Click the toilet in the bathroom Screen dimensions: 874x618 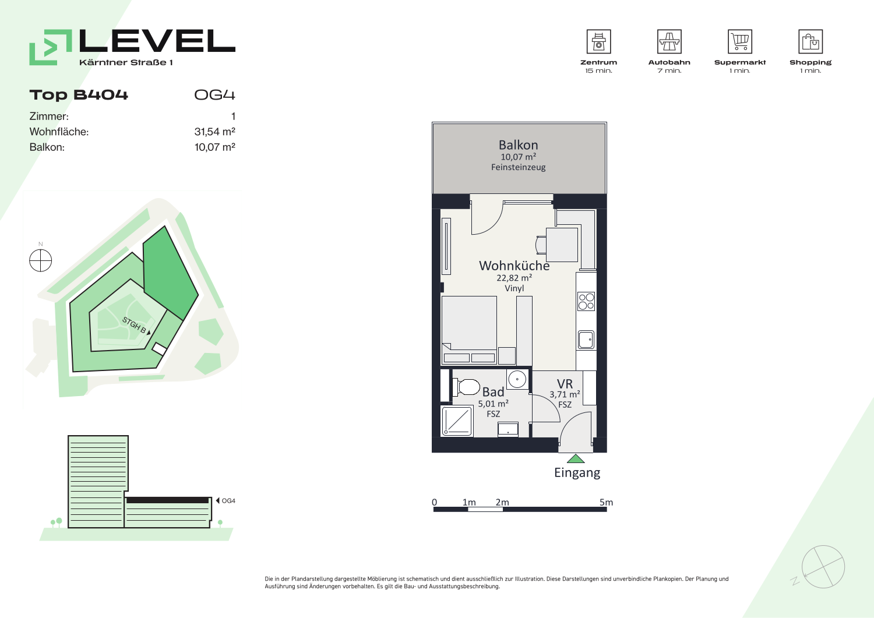click(x=466, y=387)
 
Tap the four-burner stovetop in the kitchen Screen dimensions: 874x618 click(x=586, y=302)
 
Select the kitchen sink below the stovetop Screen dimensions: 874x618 click(x=586, y=340)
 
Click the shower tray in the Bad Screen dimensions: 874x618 click(x=457, y=421)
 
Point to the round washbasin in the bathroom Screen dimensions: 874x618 click(x=517, y=379)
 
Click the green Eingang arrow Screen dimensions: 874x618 click(x=576, y=459)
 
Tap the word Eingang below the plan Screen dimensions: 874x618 click(x=577, y=473)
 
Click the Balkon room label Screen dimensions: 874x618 click(x=518, y=145)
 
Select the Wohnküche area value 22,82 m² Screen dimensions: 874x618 click(x=514, y=278)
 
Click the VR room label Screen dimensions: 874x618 click(x=565, y=384)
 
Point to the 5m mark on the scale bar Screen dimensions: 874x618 click(x=606, y=502)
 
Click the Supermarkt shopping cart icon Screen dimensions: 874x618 click(x=740, y=41)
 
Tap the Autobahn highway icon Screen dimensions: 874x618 click(x=669, y=41)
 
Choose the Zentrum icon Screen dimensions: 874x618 click(x=598, y=41)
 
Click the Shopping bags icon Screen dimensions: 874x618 click(x=810, y=41)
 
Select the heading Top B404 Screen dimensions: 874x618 click(x=79, y=95)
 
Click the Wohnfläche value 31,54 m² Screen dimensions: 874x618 click(x=214, y=132)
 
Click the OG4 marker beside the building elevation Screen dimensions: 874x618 click(x=225, y=500)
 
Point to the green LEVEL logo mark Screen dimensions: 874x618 click(x=51, y=47)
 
